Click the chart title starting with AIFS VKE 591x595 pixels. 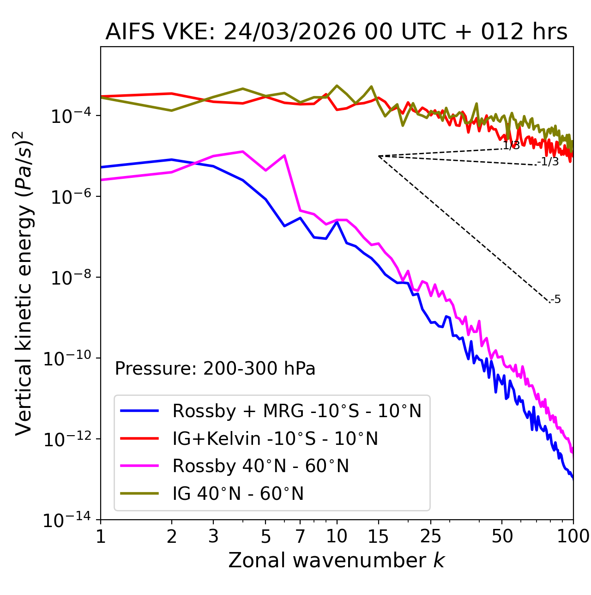point(336,32)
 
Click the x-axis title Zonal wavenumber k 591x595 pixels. point(336,560)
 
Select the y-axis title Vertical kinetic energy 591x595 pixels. point(24,283)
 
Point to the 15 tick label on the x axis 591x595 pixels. point(378,536)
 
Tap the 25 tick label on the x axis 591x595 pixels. point(431,536)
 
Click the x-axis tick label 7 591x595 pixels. point(300,536)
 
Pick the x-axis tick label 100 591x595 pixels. point(573,536)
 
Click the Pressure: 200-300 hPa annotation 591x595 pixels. point(215,369)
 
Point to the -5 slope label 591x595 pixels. point(556,299)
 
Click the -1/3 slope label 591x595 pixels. point(549,162)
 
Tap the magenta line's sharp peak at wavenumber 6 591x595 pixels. point(284,155)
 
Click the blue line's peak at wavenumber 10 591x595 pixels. point(337,222)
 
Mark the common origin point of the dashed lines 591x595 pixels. point(379,156)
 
